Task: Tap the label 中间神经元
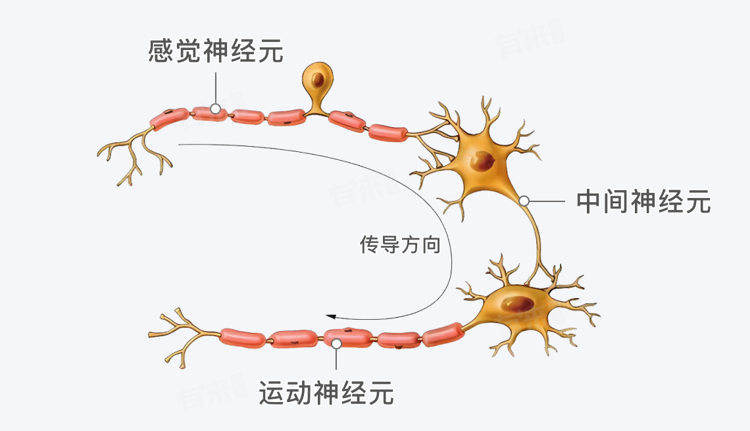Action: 643,201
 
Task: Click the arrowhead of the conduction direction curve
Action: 332,316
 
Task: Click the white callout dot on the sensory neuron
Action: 215,109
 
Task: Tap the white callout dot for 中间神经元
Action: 524,200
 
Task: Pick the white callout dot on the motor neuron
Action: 336,343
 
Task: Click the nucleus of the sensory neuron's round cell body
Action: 318,81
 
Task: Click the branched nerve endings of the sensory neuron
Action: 135,157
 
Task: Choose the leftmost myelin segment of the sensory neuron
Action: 169,118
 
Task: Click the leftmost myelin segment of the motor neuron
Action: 243,337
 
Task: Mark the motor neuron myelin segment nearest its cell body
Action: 442,334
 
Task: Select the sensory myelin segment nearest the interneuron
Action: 388,132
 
